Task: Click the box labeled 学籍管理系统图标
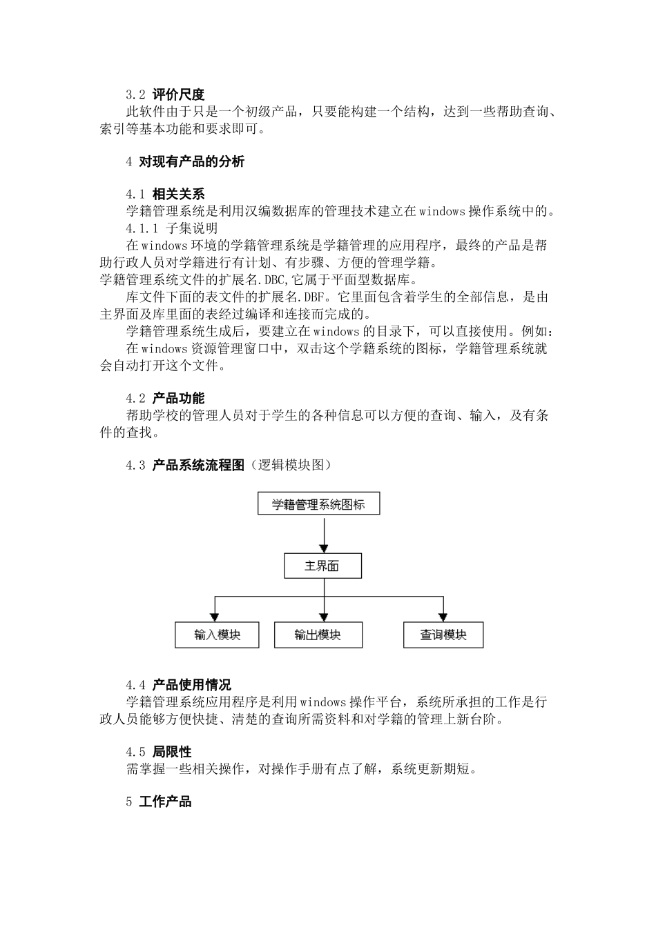pos(318,504)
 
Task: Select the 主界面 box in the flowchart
pos(322,566)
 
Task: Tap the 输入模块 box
pos(217,635)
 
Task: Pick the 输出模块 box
pos(318,635)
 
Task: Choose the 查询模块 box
pos(443,635)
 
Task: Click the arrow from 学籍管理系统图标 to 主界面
pos(323,534)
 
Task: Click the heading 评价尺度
pos(178,95)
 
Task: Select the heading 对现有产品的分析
pos(191,162)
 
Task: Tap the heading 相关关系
pos(178,195)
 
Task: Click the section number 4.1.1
pos(142,228)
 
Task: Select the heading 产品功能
pos(178,399)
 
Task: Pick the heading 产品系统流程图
pos(198,466)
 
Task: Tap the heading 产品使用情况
pos(191,685)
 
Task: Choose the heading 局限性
pos(171,752)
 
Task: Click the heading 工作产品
pos(165,801)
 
